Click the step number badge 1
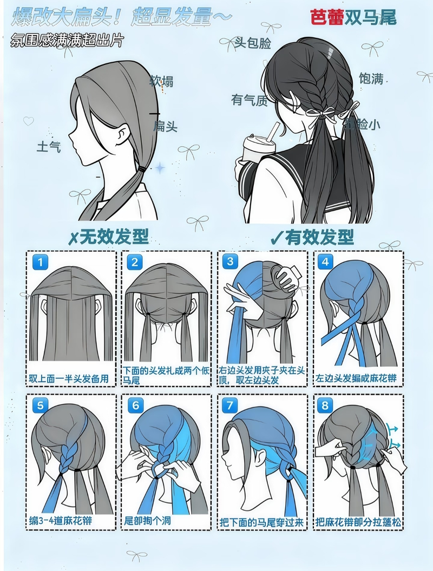point(40,263)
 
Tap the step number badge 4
point(325,263)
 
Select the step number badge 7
point(231,405)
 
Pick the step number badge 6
point(135,405)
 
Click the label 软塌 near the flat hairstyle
point(161,82)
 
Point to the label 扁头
point(165,127)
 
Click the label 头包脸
point(252,43)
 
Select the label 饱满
point(371,78)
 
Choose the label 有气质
point(250,100)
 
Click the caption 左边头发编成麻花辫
point(356,378)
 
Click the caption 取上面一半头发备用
point(68,378)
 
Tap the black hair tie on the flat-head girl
point(142,169)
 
